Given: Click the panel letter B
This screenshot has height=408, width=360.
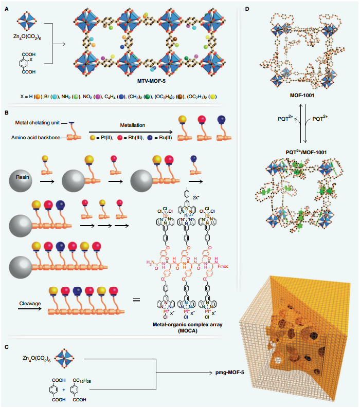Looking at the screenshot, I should click(6, 112).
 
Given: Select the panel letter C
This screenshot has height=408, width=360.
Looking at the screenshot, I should click(6, 348).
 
